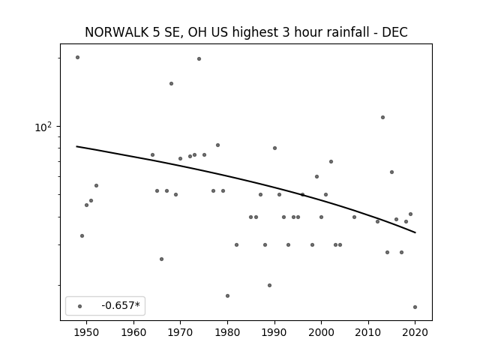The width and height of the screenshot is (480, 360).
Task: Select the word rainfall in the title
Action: click(351, 32)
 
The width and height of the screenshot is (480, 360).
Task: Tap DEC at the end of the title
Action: click(394, 32)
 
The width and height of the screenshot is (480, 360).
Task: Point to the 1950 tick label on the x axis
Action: click(86, 332)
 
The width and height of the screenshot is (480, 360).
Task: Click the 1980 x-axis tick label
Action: click(227, 332)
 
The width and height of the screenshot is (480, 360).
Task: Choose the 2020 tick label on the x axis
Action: click(415, 332)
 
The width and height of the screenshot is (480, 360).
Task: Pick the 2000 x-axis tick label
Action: click(321, 332)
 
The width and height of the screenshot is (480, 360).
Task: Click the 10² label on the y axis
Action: click(43, 127)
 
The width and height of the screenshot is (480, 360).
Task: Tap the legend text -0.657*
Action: click(121, 305)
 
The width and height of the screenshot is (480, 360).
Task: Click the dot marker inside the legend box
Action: click(80, 306)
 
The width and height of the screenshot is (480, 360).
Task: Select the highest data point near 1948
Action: click(77, 57)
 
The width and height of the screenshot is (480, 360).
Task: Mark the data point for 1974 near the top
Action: click(199, 58)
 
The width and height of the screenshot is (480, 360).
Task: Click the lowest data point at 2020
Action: click(415, 307)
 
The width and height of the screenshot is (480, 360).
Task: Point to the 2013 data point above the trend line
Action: click(382, 117)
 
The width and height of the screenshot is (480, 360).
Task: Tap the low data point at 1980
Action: click(227, 295)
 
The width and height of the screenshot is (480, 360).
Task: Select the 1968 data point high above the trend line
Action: click(172, 83)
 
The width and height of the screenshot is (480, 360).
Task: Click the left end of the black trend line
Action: click(76, 146)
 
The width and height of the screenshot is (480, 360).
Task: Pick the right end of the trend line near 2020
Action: click(415, 232)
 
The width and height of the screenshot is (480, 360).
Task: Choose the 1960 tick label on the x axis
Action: click(133, 332)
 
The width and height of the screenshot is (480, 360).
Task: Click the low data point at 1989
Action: click(269, 285)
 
